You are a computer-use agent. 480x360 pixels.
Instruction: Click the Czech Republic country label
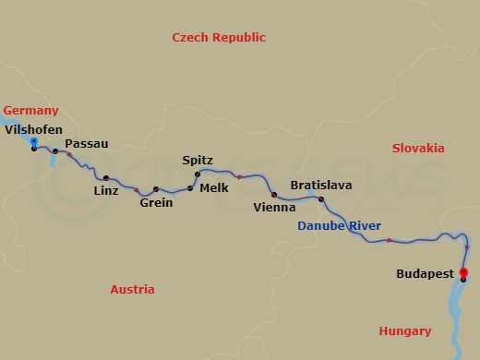(x=219, y=38)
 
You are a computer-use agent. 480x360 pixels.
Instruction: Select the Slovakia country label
(x=417, y=148)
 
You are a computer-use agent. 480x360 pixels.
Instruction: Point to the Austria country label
(x=132, y=289)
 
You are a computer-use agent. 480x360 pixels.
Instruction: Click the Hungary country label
(x=404, y=331)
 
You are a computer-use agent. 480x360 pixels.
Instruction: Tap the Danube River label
(x=339, y=226)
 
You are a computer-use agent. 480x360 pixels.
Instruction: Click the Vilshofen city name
(x=33, y=130)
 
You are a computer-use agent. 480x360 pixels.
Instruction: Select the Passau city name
(x=88, y=144)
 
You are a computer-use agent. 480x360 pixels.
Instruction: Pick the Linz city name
(x=106, y=191)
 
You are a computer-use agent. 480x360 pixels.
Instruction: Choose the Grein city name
(x=156, y=203)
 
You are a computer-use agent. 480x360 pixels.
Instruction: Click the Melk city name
(x=213, y=187)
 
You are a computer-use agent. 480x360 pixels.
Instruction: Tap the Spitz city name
(x=198, y=160)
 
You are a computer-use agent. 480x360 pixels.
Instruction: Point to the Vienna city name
(x=274, y=208)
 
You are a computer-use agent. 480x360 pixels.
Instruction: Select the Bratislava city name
(x=320, y=186)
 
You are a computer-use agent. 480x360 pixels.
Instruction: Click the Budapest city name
(x=424, y=274)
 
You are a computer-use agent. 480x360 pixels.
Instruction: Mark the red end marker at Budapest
(x=463, y=272)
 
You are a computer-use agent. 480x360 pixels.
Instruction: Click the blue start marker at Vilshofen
(x=34, y=142)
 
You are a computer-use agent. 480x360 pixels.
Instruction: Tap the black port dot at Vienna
(x=274, y=195)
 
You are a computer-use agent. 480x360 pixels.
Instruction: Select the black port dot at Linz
(x=106, y=178)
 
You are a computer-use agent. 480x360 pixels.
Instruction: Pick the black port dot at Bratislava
(x=321, y=199)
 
